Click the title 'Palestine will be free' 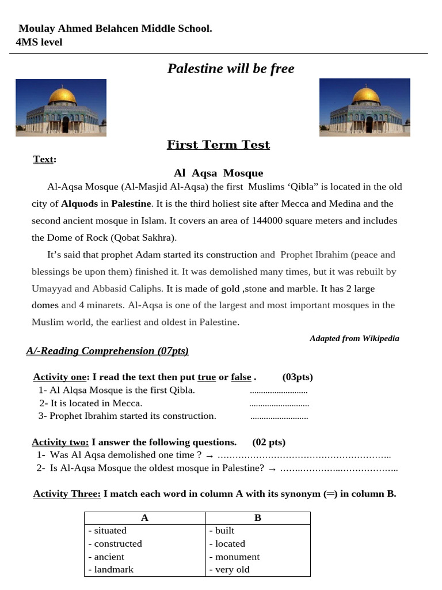(x=230, y=69)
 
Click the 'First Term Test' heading (x=218, y=145)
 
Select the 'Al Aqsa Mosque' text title (x=218, y=173)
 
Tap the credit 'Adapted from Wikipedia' (x=354, y=338)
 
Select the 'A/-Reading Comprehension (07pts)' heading (x=107, y=351)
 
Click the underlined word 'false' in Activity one (x=241, y=377)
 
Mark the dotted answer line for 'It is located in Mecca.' (x=279, y=403)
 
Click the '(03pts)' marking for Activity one (x=298, y=377)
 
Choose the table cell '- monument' (x=234, y=557)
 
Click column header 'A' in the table (x=144, y=518)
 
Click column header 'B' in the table (x=257, y=518)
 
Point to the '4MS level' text (x=39, y=42)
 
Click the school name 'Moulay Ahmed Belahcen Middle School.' (x=115, y=28)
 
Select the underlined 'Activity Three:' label (x=67, y=494)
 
